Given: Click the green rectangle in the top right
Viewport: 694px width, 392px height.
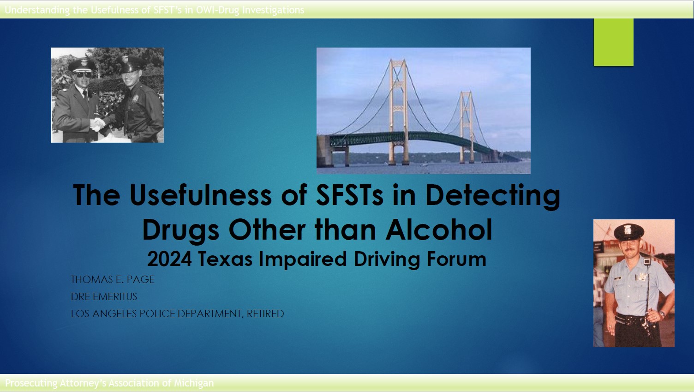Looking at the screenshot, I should click(613, 42).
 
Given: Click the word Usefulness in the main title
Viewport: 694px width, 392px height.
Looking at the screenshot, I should click(201, 195).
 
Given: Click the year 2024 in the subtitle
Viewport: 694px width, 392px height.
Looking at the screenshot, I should click(169, 259).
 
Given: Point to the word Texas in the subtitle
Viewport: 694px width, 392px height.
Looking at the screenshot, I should click(225, 259).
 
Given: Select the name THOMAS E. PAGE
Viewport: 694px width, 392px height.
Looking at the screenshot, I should click(113, 279).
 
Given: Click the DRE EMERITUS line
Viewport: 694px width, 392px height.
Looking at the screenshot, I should click(104, 296).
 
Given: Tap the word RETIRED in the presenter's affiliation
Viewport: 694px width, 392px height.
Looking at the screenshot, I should click(265, 314).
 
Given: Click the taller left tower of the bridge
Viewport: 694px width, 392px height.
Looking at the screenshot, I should click(398, 111).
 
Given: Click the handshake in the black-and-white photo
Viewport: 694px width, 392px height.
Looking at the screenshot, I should click(98, 124).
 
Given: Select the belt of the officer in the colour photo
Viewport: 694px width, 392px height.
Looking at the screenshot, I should click(629, 318).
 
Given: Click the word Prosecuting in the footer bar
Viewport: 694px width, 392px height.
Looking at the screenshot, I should click(31, 383).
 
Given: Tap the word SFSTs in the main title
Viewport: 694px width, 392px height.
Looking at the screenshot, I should click(349, 195).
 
